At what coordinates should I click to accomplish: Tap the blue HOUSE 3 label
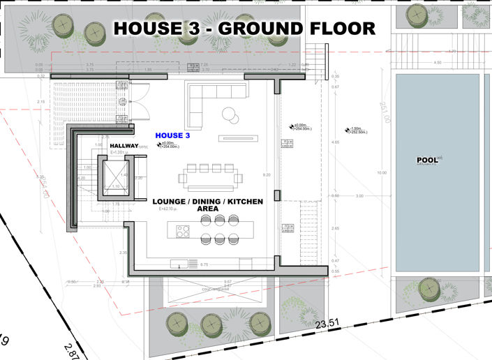click(172, 135)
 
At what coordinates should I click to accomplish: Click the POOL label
click(426, 160)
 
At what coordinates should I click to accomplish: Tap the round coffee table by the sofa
click(229, 114)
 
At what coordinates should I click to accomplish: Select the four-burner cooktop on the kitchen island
click(184, 230)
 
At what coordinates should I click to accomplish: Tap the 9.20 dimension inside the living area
click(267, 174)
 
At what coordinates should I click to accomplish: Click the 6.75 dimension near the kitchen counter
click(205, 265)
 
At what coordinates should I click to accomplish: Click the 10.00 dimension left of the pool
click(381, 172)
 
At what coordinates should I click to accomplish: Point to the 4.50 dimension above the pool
click(438, 62)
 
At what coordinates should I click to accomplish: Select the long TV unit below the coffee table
click(237, 138)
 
